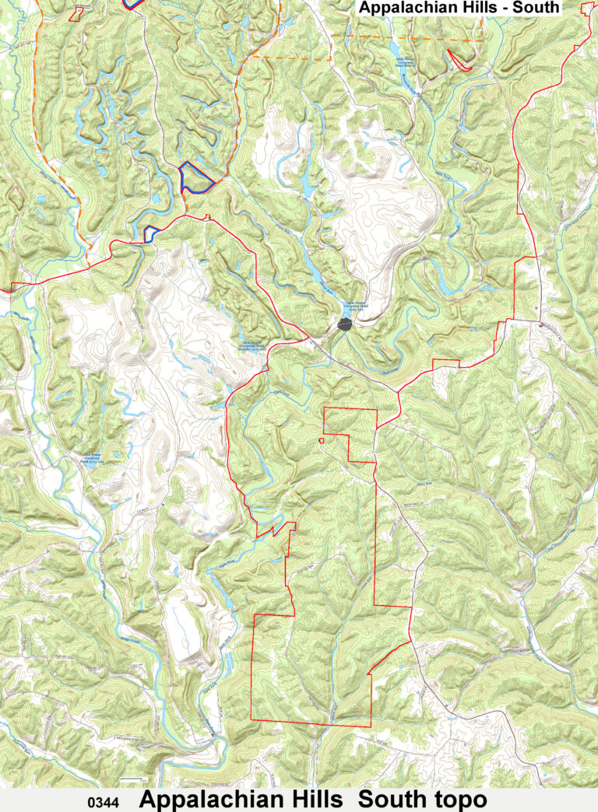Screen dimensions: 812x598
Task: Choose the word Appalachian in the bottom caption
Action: coord(205,800)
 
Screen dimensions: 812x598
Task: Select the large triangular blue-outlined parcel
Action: coord(193,179)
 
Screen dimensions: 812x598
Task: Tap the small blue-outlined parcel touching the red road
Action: coord(151,232)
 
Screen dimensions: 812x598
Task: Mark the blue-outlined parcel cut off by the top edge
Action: coord(134,3)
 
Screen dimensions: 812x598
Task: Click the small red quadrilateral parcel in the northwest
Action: coord(76,13)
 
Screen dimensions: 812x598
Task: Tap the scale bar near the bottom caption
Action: coord(134,779)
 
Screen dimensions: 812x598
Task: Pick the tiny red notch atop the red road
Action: coord(207,217)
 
